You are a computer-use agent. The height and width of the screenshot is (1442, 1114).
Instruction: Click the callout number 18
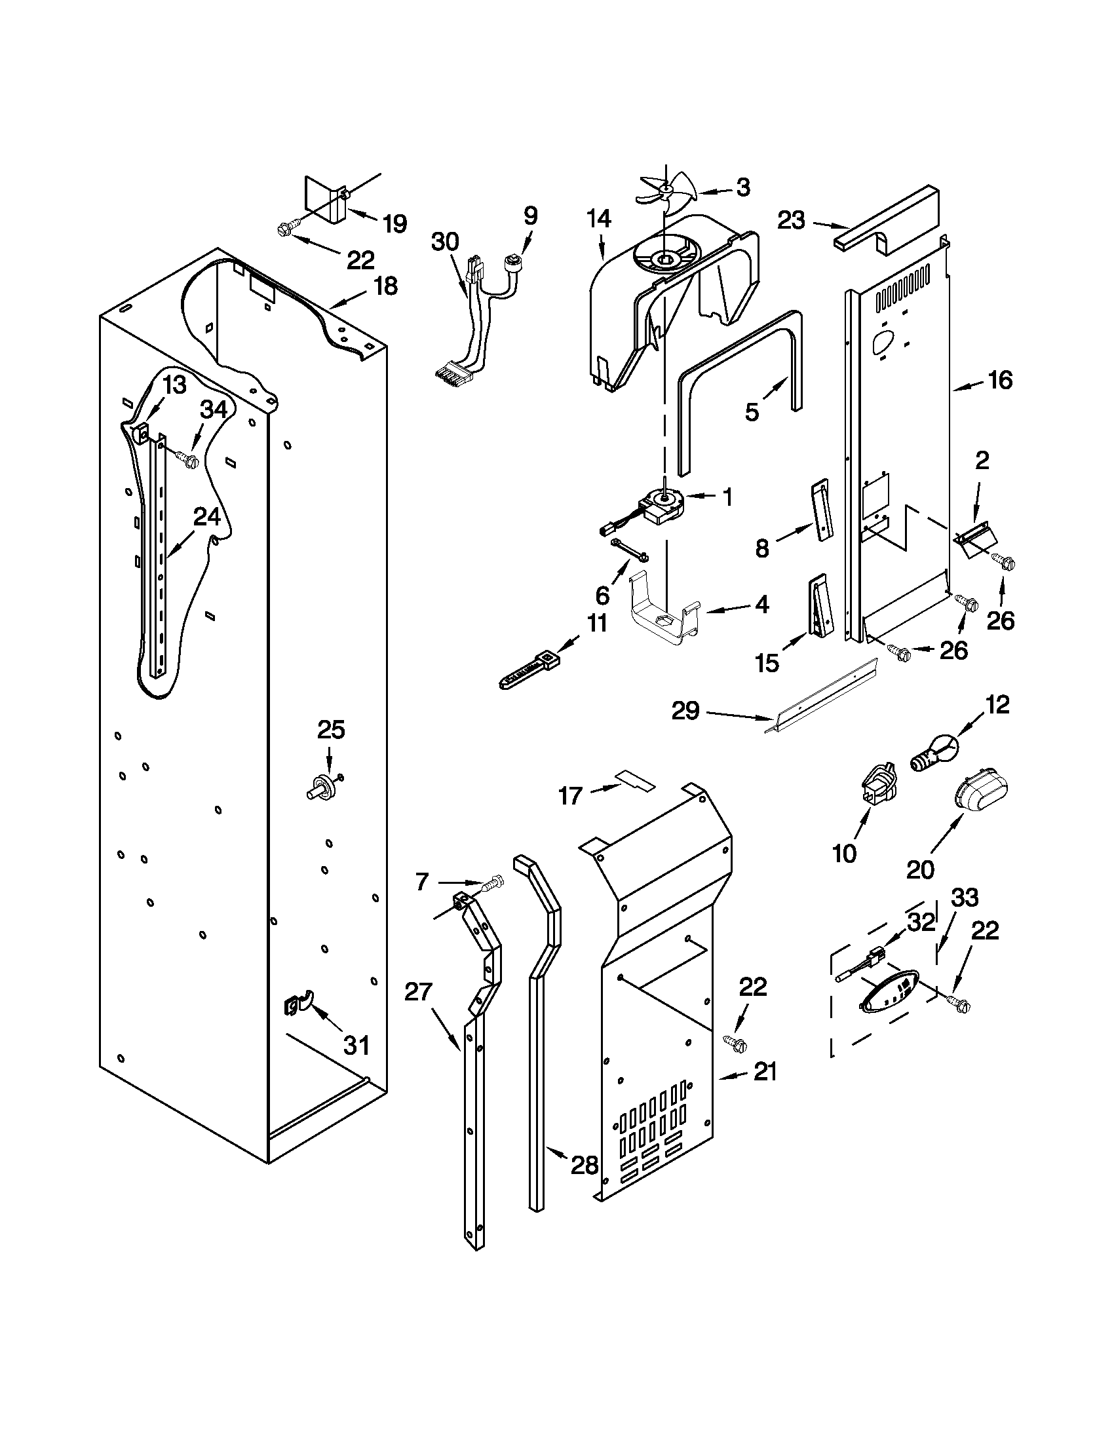coord(385,286)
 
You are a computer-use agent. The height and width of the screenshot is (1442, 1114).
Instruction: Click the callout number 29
coord(685,711)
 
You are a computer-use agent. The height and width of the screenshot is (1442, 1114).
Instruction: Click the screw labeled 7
coord(492,882)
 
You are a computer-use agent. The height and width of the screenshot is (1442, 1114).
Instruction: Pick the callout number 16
coord(1001,380)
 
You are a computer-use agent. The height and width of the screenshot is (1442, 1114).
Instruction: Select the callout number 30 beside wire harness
coord(445,242)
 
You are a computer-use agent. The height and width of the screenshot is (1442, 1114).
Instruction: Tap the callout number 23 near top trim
coord(791,220)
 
